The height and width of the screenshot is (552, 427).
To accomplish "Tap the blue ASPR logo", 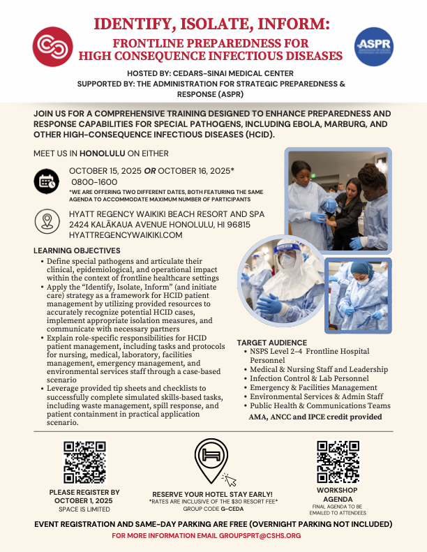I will (374, 47).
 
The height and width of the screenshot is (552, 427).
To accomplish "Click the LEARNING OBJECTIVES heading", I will (77, 251).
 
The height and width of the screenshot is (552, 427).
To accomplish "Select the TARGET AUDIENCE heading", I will (271, 343).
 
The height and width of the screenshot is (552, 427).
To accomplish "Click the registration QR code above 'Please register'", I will (84, 462).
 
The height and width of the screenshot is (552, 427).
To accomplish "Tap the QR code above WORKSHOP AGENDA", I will (338, 461).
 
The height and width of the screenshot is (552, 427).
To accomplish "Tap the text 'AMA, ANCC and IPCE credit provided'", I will (315, 417).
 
